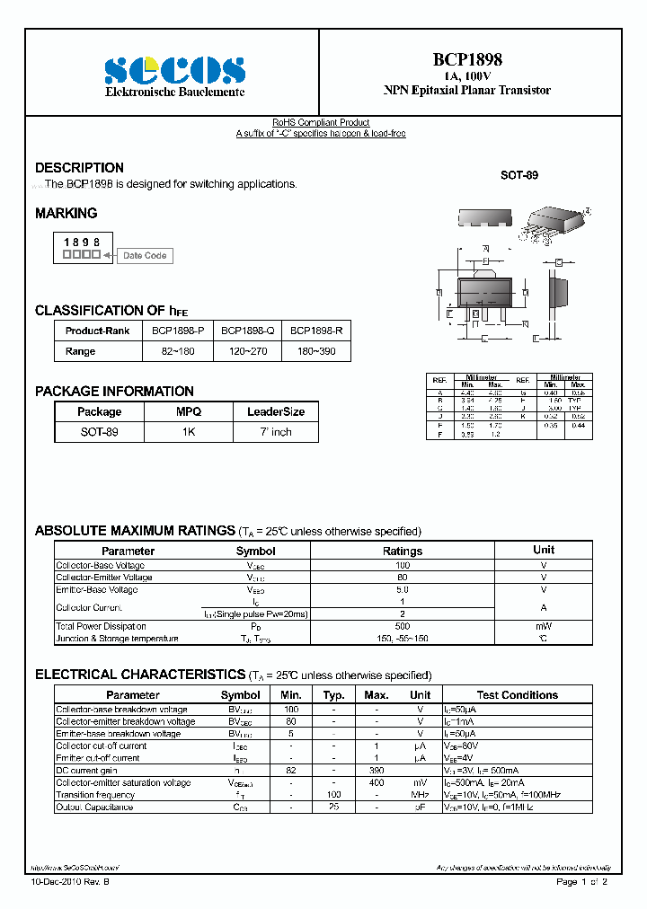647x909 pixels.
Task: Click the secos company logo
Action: (x=174, y=70)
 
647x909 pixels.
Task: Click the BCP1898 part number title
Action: (x=467, y=59)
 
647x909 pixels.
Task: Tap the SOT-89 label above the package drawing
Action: (x=519, y=175)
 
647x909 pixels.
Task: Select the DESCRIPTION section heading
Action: (x=79, y=168)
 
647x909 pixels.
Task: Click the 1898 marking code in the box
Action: (x=81, y=243)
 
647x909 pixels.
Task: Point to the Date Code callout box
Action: (x=145, y=256)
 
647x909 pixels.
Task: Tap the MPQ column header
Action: (x=189, y=411)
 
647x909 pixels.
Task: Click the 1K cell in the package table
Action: (x=189, y=432)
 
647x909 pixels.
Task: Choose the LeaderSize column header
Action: (x=276, y=411)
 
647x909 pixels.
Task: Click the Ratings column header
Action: (x=402, y=551)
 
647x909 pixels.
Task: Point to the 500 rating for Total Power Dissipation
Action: (x=402, y=626)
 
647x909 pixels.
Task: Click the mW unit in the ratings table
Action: (x=544, y=626)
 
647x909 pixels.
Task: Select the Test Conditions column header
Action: (x=517, y=695)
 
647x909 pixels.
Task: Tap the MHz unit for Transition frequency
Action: (x=420, y=795)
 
